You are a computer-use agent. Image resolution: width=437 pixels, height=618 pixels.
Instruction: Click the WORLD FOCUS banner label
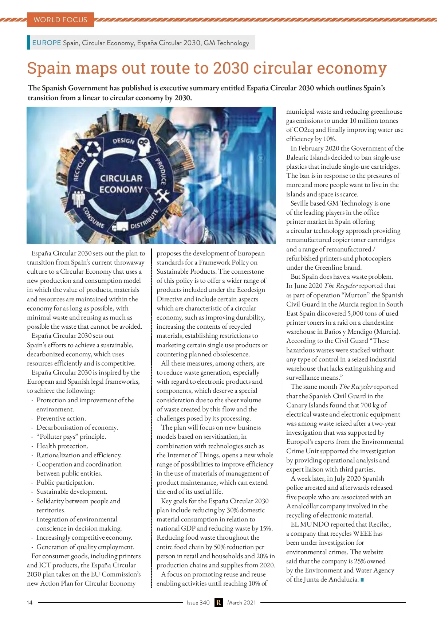[x=60, y=20]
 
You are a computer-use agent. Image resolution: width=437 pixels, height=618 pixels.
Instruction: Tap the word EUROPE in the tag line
[x=47, y=43]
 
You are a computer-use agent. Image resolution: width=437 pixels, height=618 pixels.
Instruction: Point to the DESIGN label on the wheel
[x=123, y=141]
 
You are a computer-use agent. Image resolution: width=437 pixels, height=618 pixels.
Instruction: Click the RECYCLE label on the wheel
[x=79, y=169]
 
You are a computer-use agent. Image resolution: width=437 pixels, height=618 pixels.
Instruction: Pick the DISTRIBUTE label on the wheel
[x=145, y=219]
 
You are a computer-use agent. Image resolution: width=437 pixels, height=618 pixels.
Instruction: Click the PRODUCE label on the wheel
[x=161, y=172]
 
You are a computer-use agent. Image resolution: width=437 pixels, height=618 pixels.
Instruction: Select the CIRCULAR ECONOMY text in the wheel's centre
[x=121, y=184]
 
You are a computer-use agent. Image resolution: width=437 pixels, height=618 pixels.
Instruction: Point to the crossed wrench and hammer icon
[x=162, y=196]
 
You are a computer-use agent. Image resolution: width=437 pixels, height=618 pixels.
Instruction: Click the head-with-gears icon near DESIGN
[x=144, y=146]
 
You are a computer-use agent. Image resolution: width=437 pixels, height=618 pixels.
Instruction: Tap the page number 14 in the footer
[x=29, y=603]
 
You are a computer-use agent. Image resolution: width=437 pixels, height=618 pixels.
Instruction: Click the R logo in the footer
[x=219, y=603]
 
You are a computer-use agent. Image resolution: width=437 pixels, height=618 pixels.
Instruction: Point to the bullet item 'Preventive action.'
[x=61, y=418]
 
